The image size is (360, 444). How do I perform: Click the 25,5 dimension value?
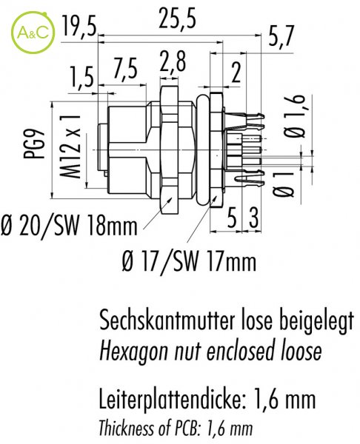[177, 19]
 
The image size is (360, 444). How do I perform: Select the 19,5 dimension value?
[79, 27]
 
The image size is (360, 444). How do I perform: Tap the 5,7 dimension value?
[280, 36]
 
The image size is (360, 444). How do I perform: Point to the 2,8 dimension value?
[173, 61]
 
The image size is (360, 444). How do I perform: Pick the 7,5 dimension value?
[126, 69]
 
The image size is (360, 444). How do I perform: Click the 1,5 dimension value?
[82, 77]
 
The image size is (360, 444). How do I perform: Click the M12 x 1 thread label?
[70, 147]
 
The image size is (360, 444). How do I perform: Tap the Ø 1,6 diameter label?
[295, 116]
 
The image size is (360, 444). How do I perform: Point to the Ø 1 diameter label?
[284, 184]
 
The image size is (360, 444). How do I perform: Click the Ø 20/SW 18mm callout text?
[69, 226]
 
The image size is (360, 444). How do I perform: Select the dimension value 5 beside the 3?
[232, 218]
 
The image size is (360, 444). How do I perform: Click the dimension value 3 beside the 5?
[253, 218]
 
